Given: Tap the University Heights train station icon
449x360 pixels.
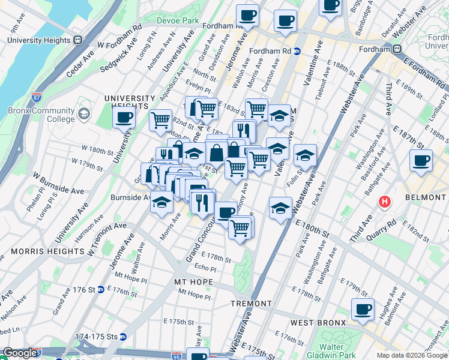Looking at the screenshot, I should (x=77, y=40).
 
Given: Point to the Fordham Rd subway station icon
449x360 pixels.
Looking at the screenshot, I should (x=297, y=52).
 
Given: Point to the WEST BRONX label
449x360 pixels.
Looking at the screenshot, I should (x=318, y=323).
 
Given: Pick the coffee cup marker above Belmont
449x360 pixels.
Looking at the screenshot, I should (x=421, y=160).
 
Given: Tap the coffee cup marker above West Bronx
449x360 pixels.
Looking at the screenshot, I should (x=362, y=309).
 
